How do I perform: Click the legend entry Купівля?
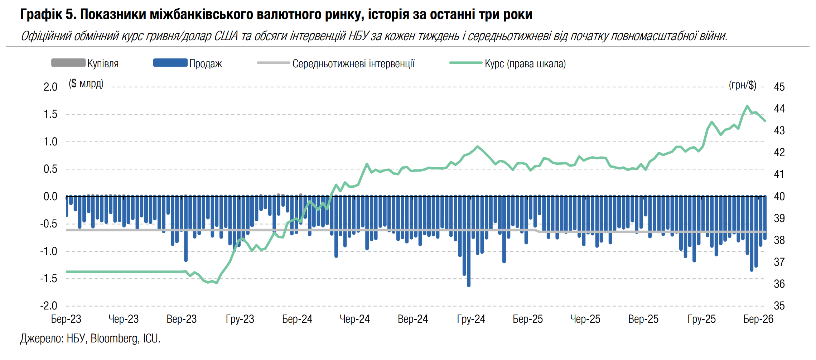point(103,64)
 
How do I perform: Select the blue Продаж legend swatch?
point(170,63)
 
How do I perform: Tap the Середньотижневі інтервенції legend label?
point(353,64)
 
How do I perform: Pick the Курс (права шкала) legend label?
point(525,64)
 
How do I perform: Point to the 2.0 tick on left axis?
point(50,87)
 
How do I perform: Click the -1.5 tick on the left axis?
point(49,279)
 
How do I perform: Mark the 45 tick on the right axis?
point(779,87)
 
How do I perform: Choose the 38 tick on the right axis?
point(779,240)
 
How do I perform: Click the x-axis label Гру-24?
point(471,319)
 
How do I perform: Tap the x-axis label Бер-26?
point(758,319)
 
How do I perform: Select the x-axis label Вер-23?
point(182,319)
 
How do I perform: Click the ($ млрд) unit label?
point(86,84)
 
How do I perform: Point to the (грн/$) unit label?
point(743,85)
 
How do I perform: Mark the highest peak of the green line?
point(747,106)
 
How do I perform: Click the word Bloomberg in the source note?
point(115,339)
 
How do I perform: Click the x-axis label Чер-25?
point(585,319)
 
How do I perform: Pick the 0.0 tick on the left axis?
point(50,197)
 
